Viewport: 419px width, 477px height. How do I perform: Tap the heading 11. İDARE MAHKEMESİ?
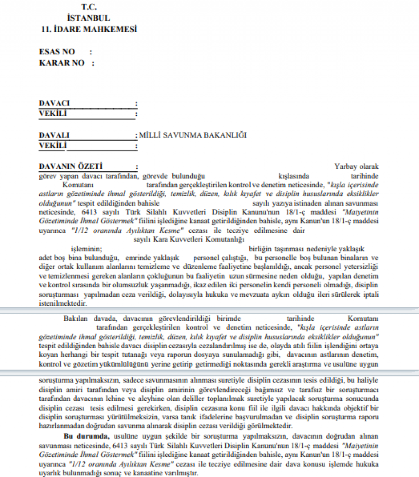(x=89, y=29)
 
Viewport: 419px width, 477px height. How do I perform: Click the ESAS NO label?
(x=57, y=52)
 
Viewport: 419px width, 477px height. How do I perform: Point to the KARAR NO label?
(x=62, y=63)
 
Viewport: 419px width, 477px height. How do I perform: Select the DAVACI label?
(x=54, y=103)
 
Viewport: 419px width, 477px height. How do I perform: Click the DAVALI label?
(x=54, y=135)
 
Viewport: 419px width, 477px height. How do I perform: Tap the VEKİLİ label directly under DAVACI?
(x=53, y=114)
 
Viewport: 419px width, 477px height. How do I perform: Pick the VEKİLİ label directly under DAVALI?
(x=53, y=146)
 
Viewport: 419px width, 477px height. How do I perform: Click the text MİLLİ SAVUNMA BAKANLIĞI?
(x=192, y=135)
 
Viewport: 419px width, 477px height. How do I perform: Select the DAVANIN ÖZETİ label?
(x=70, y=166)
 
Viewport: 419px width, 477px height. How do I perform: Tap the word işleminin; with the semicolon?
(x=86, y=249)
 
